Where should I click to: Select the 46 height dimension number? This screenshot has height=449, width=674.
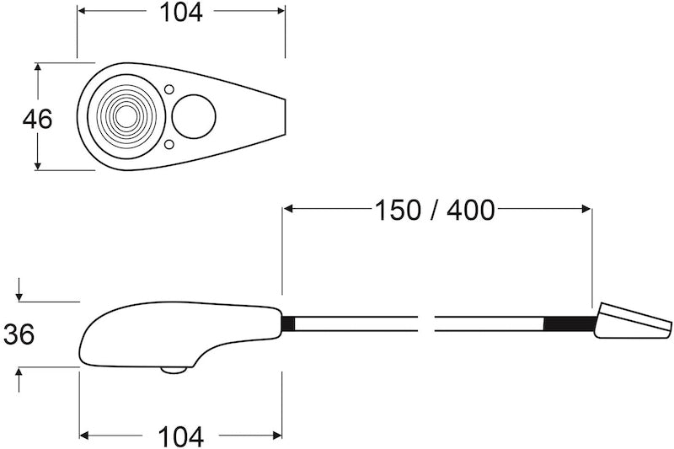pyautogui.click(x=37, y=119)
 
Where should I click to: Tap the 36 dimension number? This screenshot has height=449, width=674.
pyautogui.click(x=19, y=334)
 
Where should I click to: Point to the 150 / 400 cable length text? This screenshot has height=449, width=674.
pyautogui.click(x=435, y=210)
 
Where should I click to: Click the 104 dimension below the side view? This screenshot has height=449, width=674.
pyautogui.click(x=181, y=436)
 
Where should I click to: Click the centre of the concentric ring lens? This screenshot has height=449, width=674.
pyautogui.click(x=123, y=115)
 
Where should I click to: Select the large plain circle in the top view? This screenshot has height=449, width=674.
pyautogui.click(x=193, y=116)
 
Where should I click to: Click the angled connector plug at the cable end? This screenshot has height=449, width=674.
pyautogui.click(x=632, y=323)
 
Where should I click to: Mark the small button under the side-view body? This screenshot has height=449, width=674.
pyautogui.click(x=174, y=369)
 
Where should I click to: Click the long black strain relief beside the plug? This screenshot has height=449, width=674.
pyautogui.click(x=570, y=323)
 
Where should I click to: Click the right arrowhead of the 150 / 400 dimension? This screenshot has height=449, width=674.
pyautogui.click(x=586, y=210)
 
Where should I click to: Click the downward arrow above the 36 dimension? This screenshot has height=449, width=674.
pyautogui.click(x=19, y=295)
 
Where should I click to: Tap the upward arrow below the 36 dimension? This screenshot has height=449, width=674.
pyautogui.click(x=19, y=373)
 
